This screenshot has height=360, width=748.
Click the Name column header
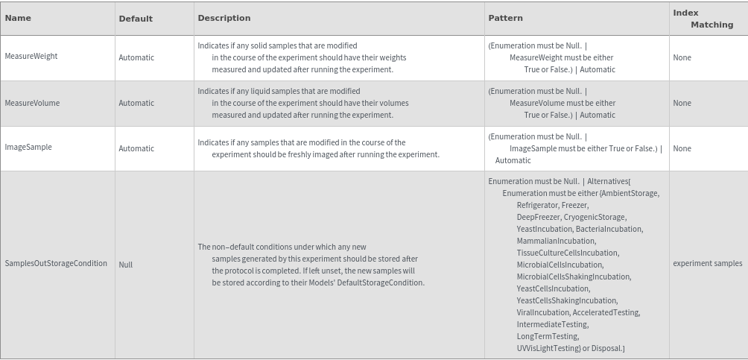(x=18, y=18)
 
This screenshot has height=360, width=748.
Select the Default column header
(x=136, y=19)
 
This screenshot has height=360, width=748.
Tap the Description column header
(x=224, y=18)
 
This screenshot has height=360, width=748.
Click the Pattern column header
(x=505, y=18)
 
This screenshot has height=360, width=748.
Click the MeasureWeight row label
(x=31, y=57)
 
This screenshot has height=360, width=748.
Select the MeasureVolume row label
(x=32, y=103)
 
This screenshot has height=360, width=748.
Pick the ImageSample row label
(x=28, y=148)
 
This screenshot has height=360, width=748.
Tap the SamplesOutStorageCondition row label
(x=56, y=264)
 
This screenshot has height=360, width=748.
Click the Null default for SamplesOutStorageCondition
(x=125, y=265)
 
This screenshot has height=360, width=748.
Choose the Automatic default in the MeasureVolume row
(x=136, y=104)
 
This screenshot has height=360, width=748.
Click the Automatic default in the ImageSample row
(x=136, y=148)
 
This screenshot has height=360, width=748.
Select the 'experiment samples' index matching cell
(x=707, y=263)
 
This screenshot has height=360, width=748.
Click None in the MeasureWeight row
(x=682, y=57)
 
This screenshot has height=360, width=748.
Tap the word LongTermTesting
(x=547, y=336)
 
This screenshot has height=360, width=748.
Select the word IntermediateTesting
(x=552, y=324)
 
